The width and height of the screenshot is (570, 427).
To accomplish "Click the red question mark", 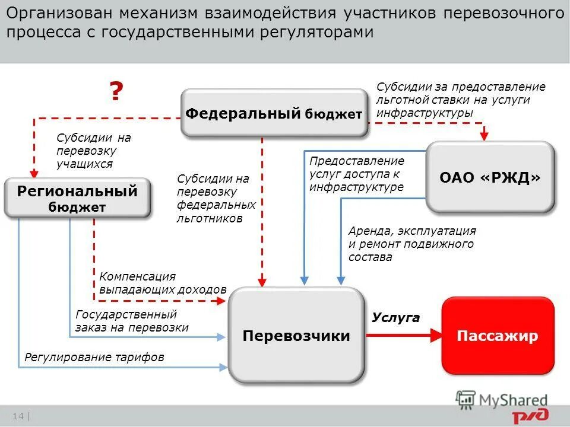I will coord(116,92).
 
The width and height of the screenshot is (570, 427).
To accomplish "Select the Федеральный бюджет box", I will coord(274,113).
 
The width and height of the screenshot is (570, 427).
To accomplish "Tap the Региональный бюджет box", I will coord(77,198).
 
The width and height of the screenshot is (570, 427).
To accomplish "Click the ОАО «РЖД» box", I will coord(490,177).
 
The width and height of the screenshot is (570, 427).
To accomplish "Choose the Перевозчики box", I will coord(296,336).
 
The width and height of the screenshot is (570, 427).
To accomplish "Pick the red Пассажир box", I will coord(498,336).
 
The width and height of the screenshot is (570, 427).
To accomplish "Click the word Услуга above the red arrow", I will coord(395,318).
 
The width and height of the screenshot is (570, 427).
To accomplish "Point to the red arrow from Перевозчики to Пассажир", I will coord(404,336).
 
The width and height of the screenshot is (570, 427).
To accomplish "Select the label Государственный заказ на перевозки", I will coord(132,321).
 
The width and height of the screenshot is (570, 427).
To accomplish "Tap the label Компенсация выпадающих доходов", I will coord(163,283).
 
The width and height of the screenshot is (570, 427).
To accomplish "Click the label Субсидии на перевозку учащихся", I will coord(93,151).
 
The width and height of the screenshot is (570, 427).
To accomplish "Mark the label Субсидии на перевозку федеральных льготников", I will coord(216,198).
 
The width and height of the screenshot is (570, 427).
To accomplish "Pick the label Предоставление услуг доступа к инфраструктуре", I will coord(356,174).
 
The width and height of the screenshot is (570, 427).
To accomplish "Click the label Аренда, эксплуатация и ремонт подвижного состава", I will coord(411,244).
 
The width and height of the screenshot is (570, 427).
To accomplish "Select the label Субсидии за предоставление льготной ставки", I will coord(460,100).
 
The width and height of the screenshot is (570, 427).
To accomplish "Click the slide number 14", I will coord(17,416).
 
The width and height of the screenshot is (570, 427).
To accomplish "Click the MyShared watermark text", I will coord(514,400).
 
